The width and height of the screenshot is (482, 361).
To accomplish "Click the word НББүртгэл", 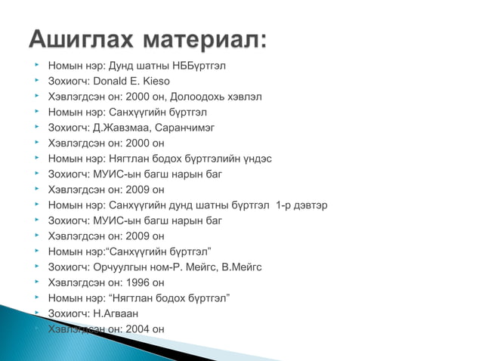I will point(195,66).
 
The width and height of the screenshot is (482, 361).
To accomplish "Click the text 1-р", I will point(284,205).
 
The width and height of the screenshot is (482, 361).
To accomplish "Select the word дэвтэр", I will point(312,205).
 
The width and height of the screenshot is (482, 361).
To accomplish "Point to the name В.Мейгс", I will point(239,267).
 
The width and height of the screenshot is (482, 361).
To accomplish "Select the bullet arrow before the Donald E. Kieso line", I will point(36,81).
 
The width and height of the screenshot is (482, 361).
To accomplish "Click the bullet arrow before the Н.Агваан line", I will point(36,313).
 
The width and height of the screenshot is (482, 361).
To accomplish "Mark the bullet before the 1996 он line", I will point(36,282).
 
